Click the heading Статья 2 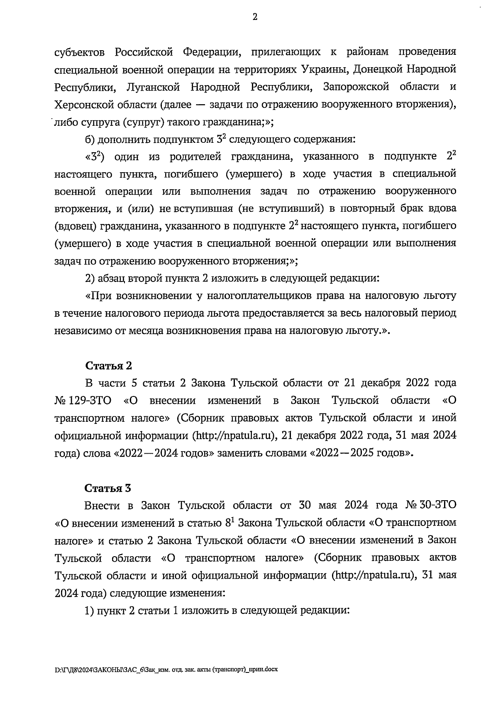click(109, 365)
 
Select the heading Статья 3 click(109, 487)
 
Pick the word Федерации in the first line click(211, 52)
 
